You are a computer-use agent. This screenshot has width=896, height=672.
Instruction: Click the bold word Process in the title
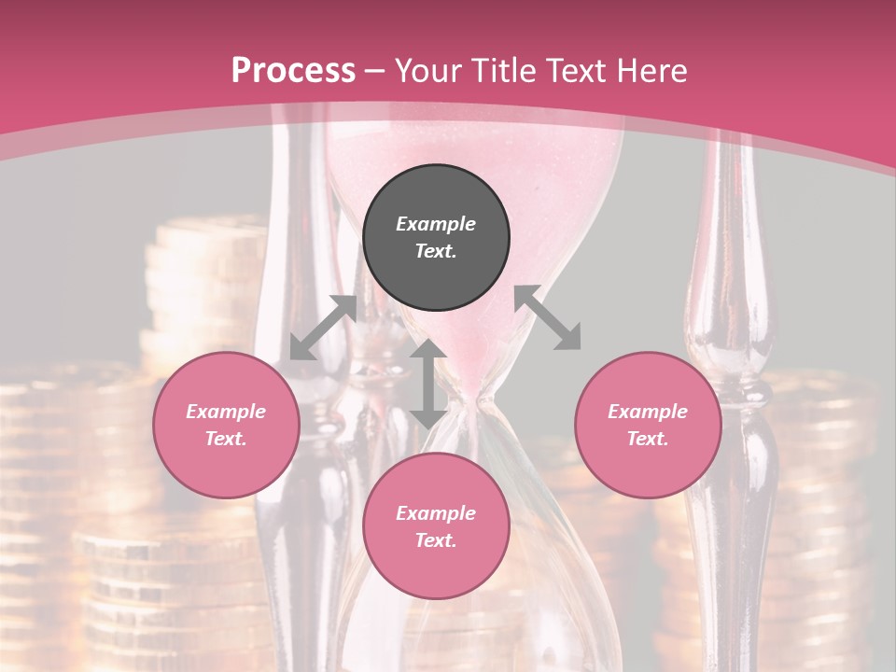(x=293, y=71)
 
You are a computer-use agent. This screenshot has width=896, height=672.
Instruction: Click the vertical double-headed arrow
(x=428, y=384)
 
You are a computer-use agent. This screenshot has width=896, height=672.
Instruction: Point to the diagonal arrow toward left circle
(x=323, y=327)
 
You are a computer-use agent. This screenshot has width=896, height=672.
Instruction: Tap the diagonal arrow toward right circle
(x=548, y=317)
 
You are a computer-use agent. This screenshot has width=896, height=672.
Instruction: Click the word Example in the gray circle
(x=436, y=224)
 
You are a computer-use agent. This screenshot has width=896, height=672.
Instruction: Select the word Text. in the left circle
(x=226, y=439)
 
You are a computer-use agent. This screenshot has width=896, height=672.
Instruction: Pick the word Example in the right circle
(x=648, y=412)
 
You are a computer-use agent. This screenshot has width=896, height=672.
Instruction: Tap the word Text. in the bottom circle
(x=436, y=540)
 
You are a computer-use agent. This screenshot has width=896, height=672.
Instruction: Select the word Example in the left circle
(x=226, y=412)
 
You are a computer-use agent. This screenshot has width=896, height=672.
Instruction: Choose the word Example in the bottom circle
(x=436, y=513)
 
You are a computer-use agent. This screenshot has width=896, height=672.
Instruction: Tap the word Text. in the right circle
(x=648, y=439)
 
